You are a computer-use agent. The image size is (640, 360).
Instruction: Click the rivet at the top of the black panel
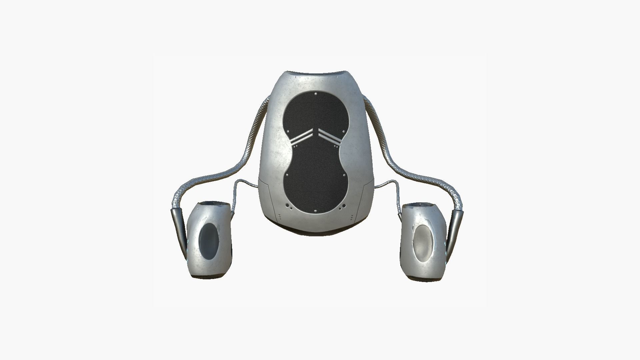pos(316,94)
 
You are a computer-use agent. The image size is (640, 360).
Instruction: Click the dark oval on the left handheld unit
pos(208,239)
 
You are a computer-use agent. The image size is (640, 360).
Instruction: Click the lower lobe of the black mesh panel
pos(316,180)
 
